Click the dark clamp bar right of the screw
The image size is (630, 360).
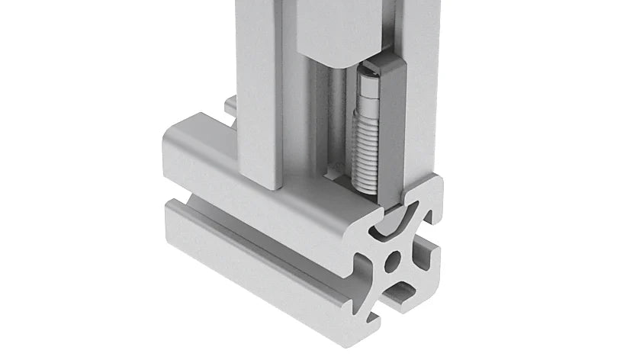(x=391, y=130)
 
